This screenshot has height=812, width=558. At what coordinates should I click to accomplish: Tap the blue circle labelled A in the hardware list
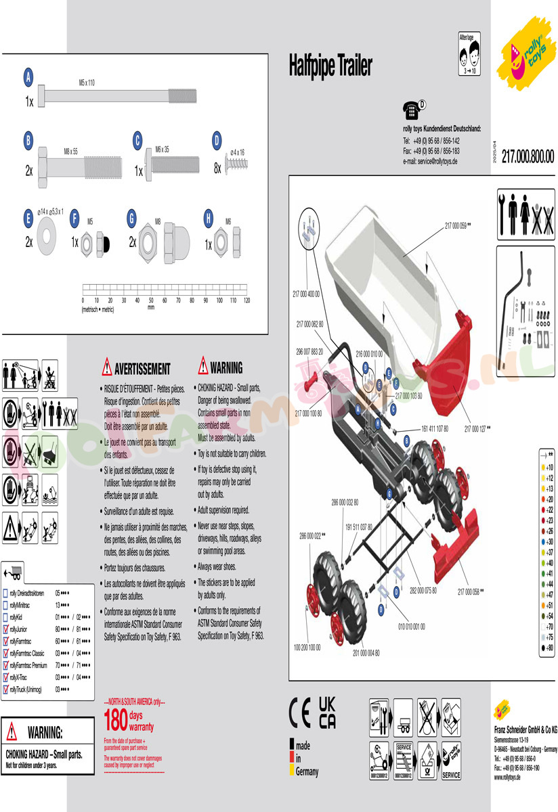tap(28, 78)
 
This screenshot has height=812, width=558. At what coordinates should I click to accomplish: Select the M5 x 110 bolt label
tap(87, 83)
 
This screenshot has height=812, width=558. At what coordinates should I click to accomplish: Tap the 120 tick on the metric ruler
tap(247, 300)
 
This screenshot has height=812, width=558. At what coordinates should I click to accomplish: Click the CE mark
tap(300, 712)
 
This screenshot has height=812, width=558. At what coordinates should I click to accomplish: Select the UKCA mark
tap(327, 712)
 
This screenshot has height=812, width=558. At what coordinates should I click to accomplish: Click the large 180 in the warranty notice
tap(116, 717)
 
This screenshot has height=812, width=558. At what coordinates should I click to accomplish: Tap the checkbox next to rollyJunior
tap(6, 629)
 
